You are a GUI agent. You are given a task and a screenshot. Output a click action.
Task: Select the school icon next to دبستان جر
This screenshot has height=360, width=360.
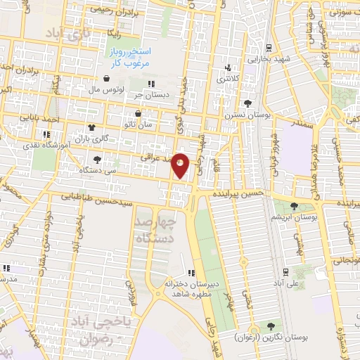pyautogui.click(x=151, y=84)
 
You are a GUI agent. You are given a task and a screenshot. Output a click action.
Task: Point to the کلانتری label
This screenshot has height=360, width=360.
pyautogui.click(x=226, y=78)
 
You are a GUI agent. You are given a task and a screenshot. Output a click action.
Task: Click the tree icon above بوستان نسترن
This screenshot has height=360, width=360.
pyautogui.click(x=247, y=103)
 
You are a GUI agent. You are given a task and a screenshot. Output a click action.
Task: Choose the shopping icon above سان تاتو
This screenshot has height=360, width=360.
pyautogui.click(x=137, y=113)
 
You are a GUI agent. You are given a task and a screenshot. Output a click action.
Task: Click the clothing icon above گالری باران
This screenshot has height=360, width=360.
pyautogui.click(x=91, y=127)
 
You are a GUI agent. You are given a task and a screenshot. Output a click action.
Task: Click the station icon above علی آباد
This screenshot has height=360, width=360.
pyautogui.click(x=285, y=271)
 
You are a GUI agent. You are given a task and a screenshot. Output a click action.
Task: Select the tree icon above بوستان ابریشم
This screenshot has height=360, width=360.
pyautogui.click(x=294, y=206)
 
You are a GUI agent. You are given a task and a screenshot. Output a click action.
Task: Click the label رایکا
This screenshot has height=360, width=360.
pyautogui.click(x=111, y=32)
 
